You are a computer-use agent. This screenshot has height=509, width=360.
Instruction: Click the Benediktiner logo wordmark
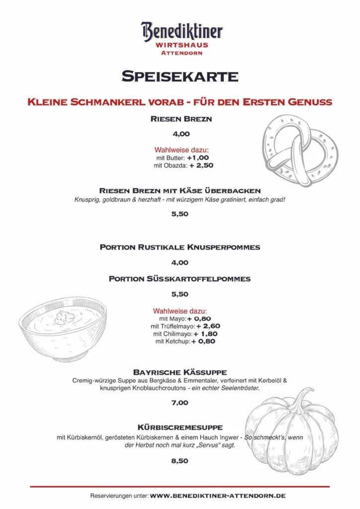coord(181,31)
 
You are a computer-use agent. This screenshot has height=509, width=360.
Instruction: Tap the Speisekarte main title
coord(180,76)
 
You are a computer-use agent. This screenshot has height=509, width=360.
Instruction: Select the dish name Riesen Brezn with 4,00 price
coord(181,119)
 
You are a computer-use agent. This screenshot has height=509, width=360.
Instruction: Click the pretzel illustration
coord(299,149)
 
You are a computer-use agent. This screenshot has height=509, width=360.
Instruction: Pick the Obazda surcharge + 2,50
coord(201,166)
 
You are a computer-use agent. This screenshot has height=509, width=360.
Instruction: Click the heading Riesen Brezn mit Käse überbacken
coord(180,190)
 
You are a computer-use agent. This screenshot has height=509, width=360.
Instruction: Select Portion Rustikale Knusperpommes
coord(180,247)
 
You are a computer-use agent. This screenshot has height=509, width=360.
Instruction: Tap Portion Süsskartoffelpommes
coord(180,279)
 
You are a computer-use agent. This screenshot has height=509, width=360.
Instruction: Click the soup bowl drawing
coord(63,329)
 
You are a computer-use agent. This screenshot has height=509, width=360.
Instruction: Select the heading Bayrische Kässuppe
coord(180,372)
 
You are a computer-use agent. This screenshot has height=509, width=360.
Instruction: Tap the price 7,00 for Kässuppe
coord(180,403)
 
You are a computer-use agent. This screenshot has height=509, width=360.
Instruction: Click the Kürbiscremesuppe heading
coord(180,427)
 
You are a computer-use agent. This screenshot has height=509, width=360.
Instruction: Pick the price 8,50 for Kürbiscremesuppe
coord(180,461)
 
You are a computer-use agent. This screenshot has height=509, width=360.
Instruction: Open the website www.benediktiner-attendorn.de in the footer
coord(218,496)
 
